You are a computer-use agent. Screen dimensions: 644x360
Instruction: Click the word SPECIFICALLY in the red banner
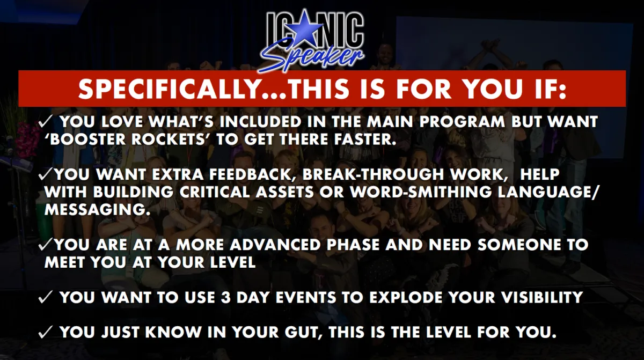tap(169, 89)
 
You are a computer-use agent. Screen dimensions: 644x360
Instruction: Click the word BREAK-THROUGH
tap(373, 174)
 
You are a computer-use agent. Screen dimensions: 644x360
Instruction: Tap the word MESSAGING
tap(98, 210)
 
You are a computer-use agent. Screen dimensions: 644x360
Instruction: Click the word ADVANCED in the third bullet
tap(275, 245)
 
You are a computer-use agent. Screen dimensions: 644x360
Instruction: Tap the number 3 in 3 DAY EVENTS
tap(226, 298)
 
